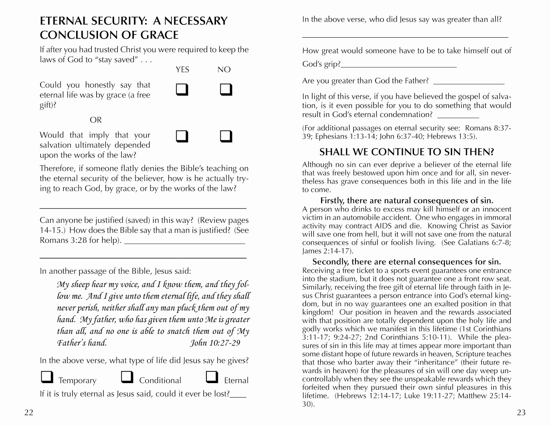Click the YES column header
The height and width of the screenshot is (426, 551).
(x=182, y=70)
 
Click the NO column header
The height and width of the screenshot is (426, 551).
(x=224, y=70)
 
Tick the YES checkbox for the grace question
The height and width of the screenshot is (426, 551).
(x=182, y=89)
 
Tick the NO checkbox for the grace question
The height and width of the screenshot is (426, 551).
(x=226, y=89)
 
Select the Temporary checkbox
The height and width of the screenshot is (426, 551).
(x=47, y=377)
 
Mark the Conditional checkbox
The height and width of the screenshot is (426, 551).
(x=127, y=377)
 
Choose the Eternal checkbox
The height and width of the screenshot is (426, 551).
(x=212, y=377)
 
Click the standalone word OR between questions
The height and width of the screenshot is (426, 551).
(x=96, y=120)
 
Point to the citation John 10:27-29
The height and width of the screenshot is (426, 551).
(x=215, y=343)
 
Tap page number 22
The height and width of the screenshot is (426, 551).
(x=29, y=413)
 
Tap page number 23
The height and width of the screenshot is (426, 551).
(x=521, y=413)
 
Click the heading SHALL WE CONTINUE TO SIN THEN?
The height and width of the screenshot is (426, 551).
(x=406, y=152)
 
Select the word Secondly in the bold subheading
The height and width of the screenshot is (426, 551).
(x=330, y=262)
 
